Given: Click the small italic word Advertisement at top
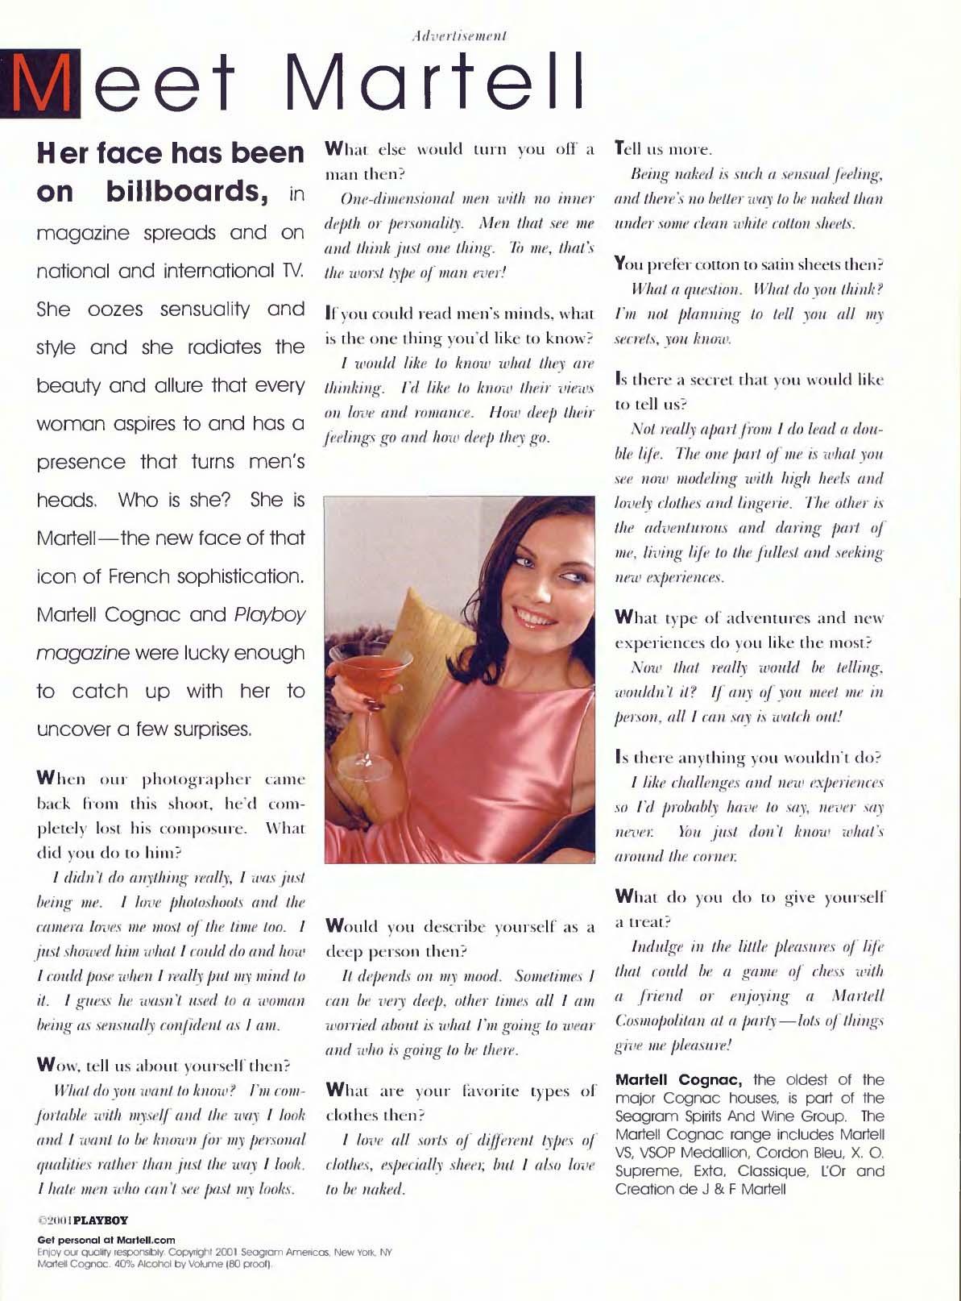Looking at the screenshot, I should tap(458, 35).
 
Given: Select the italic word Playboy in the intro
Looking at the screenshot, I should tap(270, 614).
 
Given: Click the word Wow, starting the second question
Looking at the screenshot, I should tap(55, 1067).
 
